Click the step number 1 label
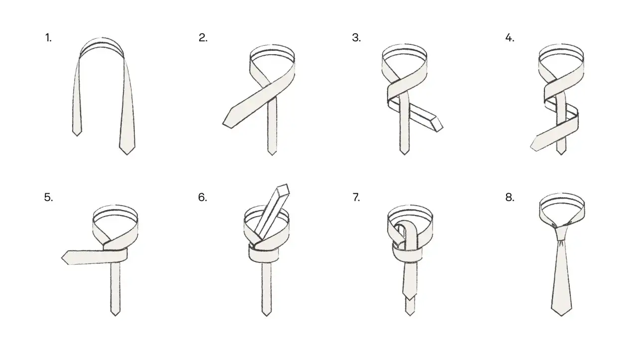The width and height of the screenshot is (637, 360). point(48,38)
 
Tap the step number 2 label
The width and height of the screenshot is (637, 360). point(203,38)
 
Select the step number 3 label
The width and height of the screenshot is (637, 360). point(356,38)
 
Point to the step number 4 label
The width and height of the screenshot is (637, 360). point(510,38)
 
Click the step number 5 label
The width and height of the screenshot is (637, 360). point(48,197)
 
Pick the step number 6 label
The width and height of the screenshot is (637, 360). point(203,197)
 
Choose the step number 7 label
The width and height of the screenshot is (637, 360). point(356,197)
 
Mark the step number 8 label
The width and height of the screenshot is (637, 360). point(510,197)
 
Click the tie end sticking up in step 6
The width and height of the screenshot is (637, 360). point(283,190)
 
